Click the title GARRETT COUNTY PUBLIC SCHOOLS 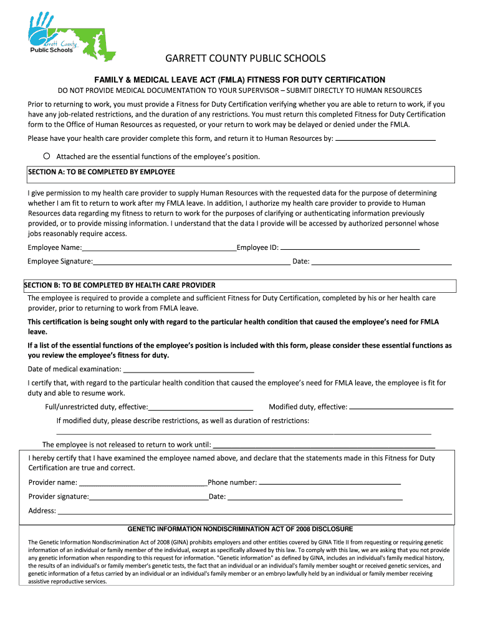pos(245,59)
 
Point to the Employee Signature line pos(191,261)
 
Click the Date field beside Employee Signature pos(381,261)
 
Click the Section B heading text pos(120,285)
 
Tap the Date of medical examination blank pos(189,368)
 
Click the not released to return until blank pos(324,445)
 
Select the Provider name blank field pos(143,482)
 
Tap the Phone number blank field pos(329,482)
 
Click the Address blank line pos(254,511)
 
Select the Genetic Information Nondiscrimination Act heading pos(240,528)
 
